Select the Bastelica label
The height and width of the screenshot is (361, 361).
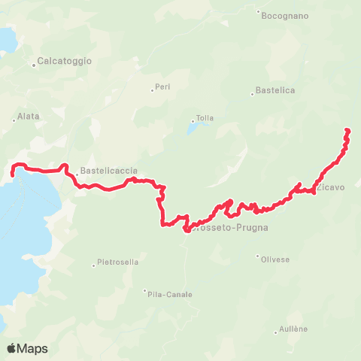tap(275, 90)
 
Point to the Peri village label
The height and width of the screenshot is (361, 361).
tap(162, 86)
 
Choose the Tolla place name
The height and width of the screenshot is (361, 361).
tap(205, 118)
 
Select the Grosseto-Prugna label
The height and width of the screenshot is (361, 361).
tap(227, 226)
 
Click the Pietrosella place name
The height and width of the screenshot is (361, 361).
tap(117, 263)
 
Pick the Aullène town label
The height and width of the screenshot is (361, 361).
tap(293, 329)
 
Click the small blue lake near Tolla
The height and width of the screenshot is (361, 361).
tap(193, 128)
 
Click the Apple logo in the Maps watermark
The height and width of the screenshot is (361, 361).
tap(12, 348)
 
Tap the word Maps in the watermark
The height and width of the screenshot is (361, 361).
tap(33, 348)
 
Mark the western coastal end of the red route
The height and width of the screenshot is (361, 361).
tap(12, 174)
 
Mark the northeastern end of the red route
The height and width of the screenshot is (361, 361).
tap(347, 131)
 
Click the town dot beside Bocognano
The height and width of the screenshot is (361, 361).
tap(258, 12)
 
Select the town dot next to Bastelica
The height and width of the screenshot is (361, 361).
tap(252, 94)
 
